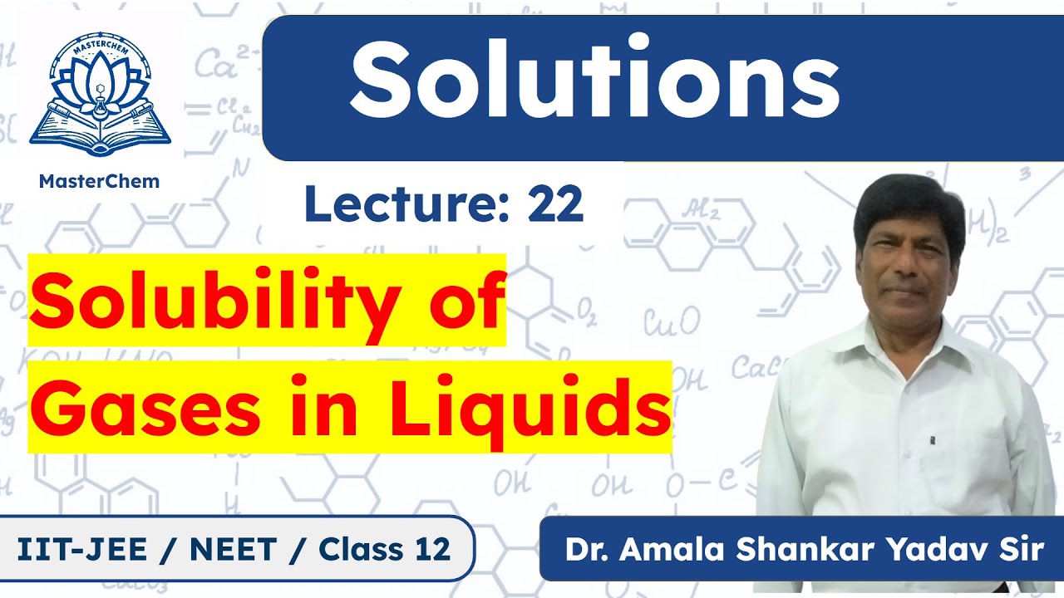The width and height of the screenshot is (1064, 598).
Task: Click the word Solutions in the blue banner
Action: (594, 79)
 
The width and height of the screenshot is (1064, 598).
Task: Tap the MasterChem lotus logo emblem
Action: (100, 96)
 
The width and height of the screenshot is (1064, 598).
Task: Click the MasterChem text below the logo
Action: (100, 181)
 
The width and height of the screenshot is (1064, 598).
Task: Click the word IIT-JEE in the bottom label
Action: (80, 549)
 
